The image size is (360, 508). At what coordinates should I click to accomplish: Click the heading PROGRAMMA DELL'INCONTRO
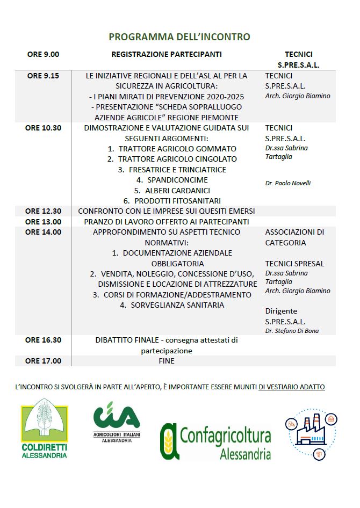tap(179, 37)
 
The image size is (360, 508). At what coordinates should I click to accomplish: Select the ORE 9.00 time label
tap(43, 54)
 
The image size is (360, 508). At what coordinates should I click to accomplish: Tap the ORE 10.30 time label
tap(43, 128)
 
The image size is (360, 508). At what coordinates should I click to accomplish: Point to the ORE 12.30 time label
tap(43, 211)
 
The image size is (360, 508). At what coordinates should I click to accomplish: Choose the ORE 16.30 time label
tap(43, 340)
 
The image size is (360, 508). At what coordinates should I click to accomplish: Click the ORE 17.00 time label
tap(43, 361)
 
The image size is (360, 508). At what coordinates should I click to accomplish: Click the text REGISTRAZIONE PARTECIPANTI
tap(167, 54)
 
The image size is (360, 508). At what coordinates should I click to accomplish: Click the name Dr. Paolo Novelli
tap(288, 183)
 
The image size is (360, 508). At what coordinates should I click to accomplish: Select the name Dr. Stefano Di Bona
tap(292, 331)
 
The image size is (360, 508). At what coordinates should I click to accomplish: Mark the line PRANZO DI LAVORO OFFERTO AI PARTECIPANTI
tap(167, 222)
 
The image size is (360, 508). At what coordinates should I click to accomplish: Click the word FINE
tap(167, 361)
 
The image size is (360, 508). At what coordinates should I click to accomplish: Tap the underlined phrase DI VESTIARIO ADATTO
tap(292, 387)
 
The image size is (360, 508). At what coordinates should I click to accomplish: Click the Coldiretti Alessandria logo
tap(45, 429)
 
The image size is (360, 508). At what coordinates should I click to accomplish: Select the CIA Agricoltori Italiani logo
tap(117, 422)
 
